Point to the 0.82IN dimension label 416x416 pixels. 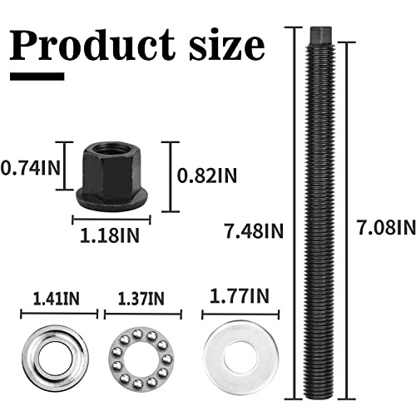(x=208, y=176)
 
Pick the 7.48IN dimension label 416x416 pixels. (x=255, y=229)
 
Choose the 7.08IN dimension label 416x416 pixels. (x=384, y=226)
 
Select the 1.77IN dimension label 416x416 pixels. (x=240, y=295)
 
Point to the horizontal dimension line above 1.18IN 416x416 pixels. (x=111, y=220)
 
